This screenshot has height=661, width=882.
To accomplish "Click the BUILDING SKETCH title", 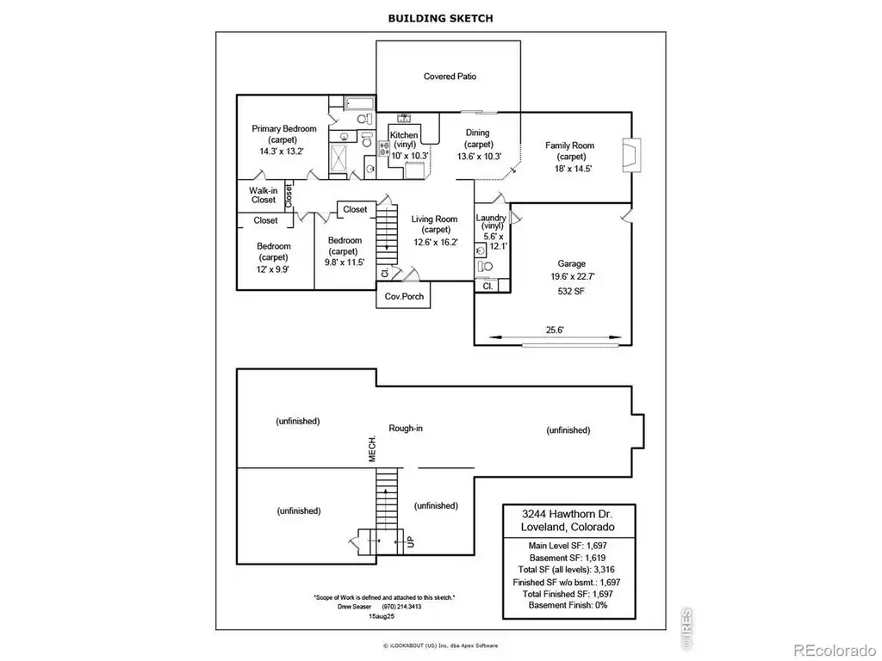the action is coord(440,18).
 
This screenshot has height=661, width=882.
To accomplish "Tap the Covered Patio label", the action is coord(450,77).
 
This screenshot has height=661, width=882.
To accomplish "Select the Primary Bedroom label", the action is coord(284,129).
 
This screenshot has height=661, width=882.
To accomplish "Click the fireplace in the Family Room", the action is coord(630,155).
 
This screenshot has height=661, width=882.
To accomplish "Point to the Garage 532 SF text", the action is coord(571,291).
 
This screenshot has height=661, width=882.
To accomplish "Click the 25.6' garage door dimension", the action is coord(555,330).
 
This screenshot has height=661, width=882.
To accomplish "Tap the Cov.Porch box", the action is coord(403,296).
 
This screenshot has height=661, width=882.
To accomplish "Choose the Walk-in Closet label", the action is coord(264,195).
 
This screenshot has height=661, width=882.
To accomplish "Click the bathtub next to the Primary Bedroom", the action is coord(359,104).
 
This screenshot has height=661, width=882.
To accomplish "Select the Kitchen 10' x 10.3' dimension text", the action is coord(409,156).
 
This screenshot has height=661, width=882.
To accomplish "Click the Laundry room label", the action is coord(491,218).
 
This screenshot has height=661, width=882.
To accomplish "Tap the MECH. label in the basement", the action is coord(372,448).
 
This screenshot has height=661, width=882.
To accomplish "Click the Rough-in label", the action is coord(406,429).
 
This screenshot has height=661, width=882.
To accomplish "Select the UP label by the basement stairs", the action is coord(411,542).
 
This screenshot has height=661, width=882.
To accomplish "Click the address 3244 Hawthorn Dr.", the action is coord(567,514).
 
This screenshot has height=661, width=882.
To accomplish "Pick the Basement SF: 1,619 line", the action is coord(568,558).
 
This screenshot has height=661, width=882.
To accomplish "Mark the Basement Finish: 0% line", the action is coord(568,605).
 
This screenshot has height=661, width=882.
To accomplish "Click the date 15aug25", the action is coord(382,616).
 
